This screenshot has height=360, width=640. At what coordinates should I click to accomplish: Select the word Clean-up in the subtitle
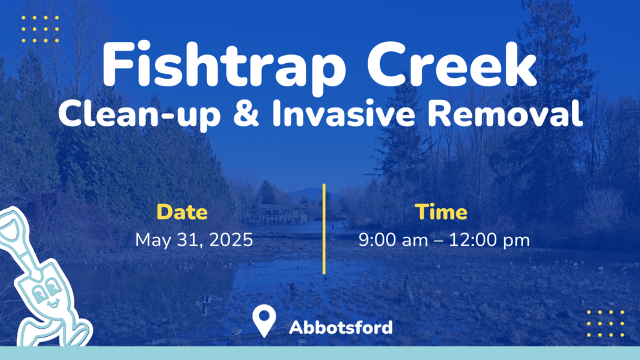139,114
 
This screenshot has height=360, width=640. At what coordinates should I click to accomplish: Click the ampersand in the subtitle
246,112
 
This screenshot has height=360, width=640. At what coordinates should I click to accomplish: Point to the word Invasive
344,112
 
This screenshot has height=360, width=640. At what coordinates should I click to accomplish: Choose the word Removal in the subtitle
505,112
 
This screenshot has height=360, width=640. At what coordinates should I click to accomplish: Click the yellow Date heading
182,212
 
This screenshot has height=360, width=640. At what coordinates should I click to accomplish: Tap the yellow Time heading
441,212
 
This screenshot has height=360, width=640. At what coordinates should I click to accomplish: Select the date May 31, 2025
194,240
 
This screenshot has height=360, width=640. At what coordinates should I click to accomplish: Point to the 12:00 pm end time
489,241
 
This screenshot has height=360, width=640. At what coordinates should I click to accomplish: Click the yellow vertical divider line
324,229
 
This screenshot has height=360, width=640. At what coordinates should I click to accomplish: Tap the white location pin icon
264,321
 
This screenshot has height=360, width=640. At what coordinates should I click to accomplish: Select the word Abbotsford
341,327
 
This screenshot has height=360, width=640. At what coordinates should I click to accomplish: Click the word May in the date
154,241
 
